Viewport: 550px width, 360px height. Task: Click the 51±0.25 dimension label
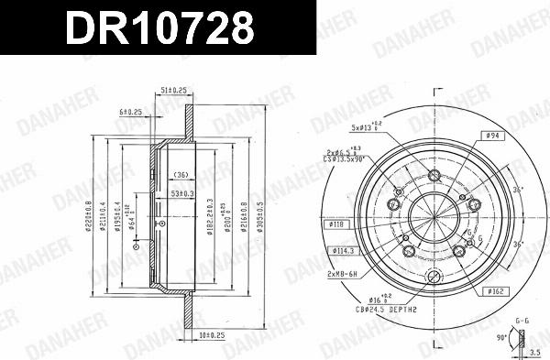[172, 90]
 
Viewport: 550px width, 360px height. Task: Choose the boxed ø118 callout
[335, 224]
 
